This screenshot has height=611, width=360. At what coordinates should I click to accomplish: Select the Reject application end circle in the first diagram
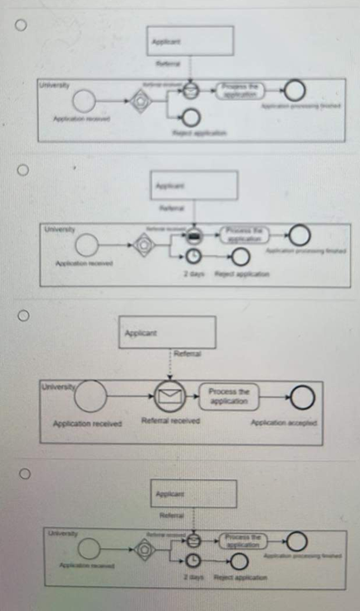(191, 117)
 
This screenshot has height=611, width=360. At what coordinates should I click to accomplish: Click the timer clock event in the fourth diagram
(192, 560)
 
